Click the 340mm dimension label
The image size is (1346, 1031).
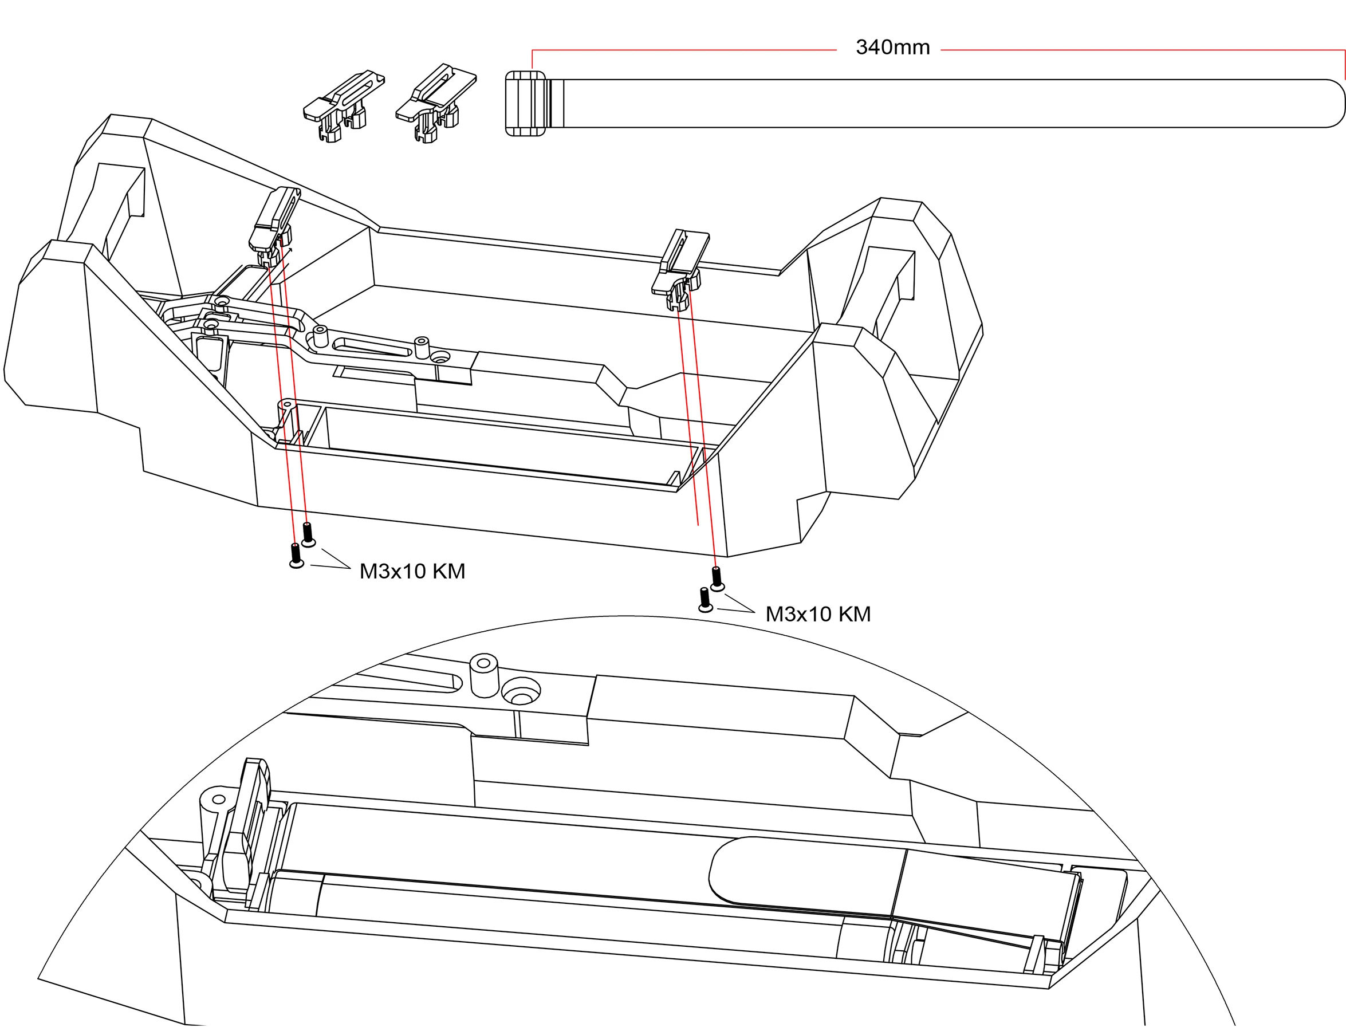pyautogui.click(x=892, y=47)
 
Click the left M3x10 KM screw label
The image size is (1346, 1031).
pyautogui.click(x=412, y=572)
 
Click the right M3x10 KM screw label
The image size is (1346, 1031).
pyautogui.click(x=817, y=614)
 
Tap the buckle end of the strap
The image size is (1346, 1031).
pyautogui.click(x=525, y=103)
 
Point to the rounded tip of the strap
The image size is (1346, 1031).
pyautogui.click(x=1332, y=103)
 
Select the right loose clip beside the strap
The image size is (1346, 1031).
pyautogui.click(x=435, y=102)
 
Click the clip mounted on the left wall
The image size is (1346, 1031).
pyautogui.click(x=274, y=225)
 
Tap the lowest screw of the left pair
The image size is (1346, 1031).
pyautogui.click(x=296, y=556)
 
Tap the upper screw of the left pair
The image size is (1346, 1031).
pyautogui.click(x=308, y=533)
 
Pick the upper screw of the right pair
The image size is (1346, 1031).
pyautogui.click(x=717, y=578)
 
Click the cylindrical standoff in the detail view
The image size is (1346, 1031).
pyautogui.click(x=483, y=675)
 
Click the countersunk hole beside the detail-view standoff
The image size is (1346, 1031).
pyautogui.click(x=521, y=692)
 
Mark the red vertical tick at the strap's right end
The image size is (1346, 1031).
pyautogui.click(x=1344, y=64)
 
